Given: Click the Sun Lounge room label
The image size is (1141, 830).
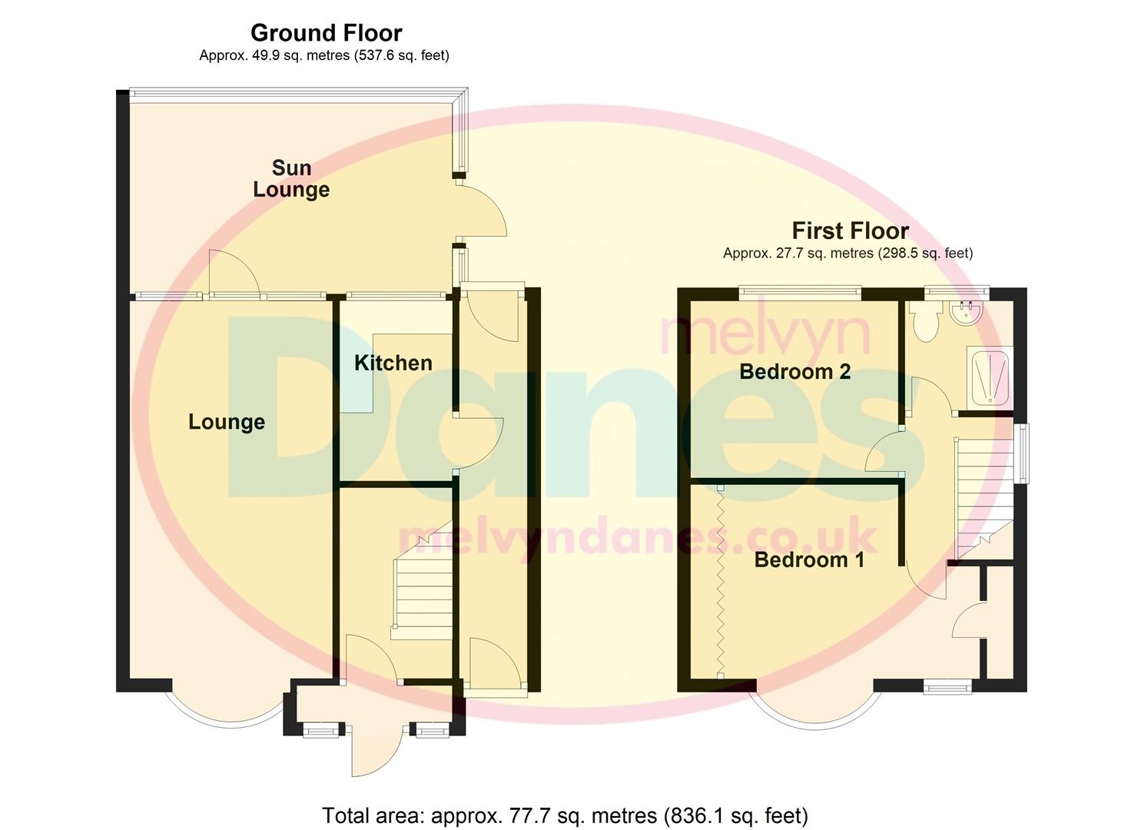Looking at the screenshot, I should click(x=291, y=178).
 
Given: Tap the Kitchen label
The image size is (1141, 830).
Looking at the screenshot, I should click(x=393, y=363).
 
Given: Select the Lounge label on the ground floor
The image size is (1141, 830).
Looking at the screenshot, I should click(x=227, y=422).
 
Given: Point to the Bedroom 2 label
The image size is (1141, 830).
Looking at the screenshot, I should click(x=794, y=372).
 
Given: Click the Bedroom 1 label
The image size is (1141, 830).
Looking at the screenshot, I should click(x=809, y=559).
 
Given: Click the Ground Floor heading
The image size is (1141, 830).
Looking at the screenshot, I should click(x=326, y=33).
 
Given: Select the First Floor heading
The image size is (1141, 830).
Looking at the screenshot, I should click(x=850, y=231).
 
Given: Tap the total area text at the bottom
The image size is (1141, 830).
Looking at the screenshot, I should click(x=565, y=815).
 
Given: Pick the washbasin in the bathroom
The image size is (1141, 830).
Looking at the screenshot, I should click(x=966, y=310).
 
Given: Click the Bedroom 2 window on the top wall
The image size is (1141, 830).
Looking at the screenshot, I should click(x=799, y=291).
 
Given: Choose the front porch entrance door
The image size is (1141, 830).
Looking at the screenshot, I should click(x=376, y=749).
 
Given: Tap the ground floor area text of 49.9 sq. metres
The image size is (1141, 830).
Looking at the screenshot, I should click(x=323, y=55).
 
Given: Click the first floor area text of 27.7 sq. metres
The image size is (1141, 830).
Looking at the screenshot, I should click(x=847, y=253).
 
